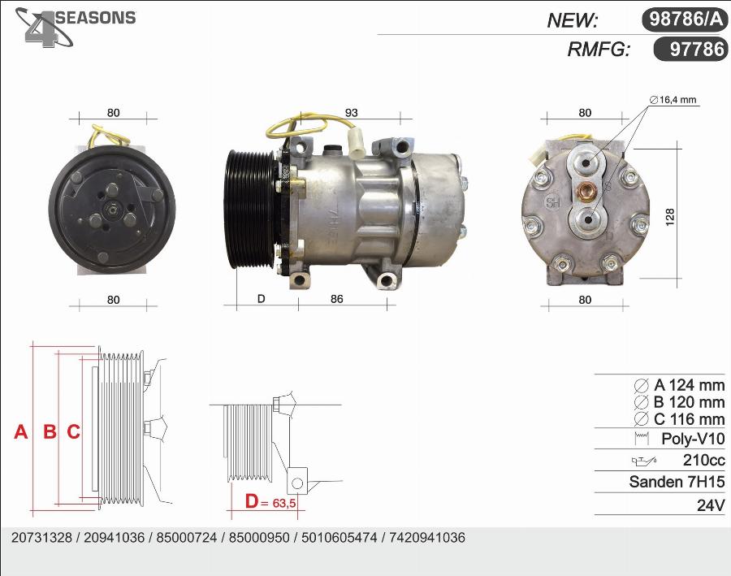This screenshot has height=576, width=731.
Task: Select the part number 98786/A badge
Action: [x=685, y=19]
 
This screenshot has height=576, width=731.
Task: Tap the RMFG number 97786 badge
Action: [x=691, y=49]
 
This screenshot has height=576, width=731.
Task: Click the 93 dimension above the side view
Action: [x=352, y=112]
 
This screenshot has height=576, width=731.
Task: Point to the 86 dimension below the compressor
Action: [x=336, y=298]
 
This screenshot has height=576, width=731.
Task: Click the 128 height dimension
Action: [x=669, y=218]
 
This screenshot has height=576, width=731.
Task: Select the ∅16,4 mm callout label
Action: [x=673, y=99]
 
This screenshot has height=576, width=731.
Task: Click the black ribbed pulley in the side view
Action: [x=249, y=210]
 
